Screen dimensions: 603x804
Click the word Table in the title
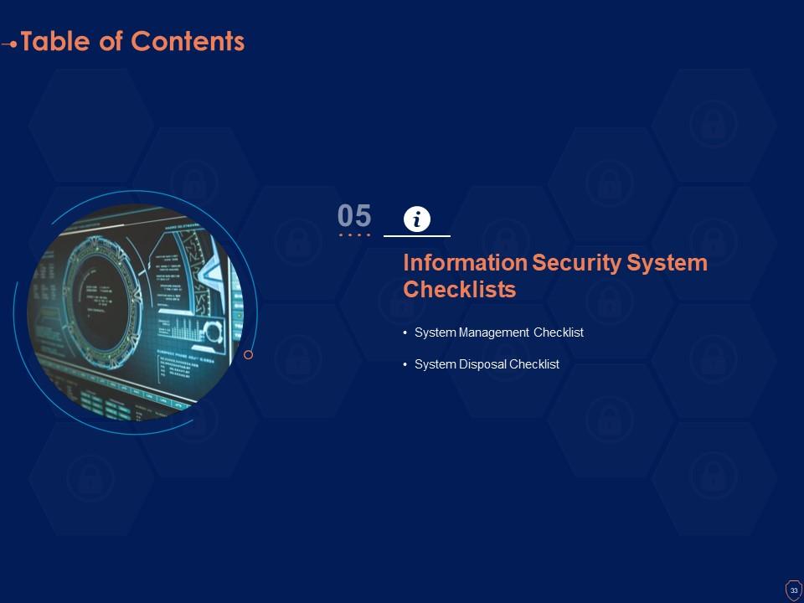55,41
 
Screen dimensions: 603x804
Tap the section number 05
354,216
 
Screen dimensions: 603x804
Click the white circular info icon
417,219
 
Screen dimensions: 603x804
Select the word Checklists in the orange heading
459,290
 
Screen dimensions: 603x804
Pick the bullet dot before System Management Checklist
405,332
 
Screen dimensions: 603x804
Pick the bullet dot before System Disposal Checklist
405,364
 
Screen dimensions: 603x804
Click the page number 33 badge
793,590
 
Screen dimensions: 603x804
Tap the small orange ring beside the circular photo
248,355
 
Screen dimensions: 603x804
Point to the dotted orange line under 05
354,235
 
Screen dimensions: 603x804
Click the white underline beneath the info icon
417,237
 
